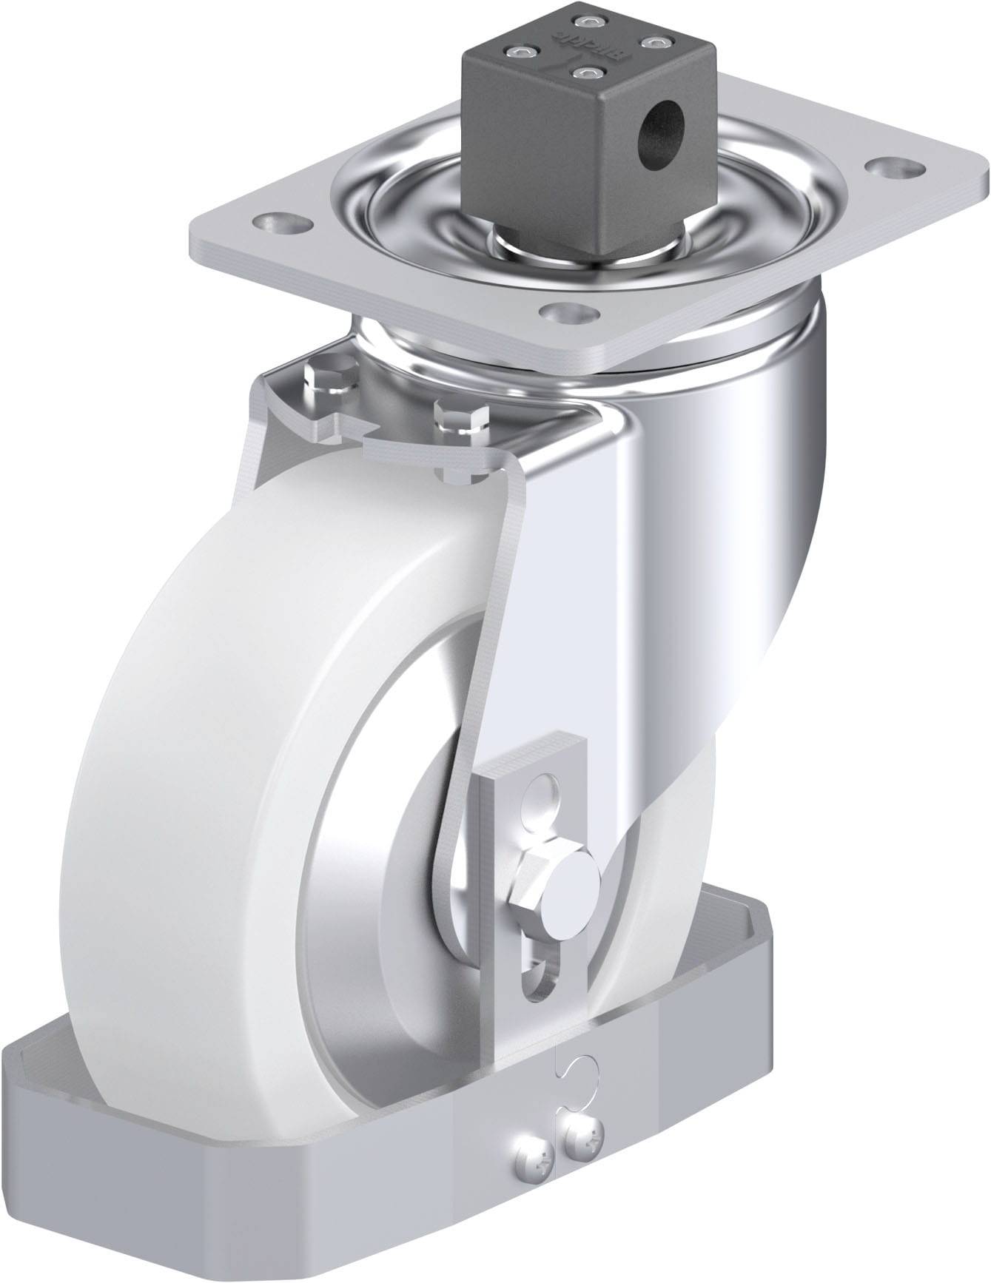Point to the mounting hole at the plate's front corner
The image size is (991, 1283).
[565, 311]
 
